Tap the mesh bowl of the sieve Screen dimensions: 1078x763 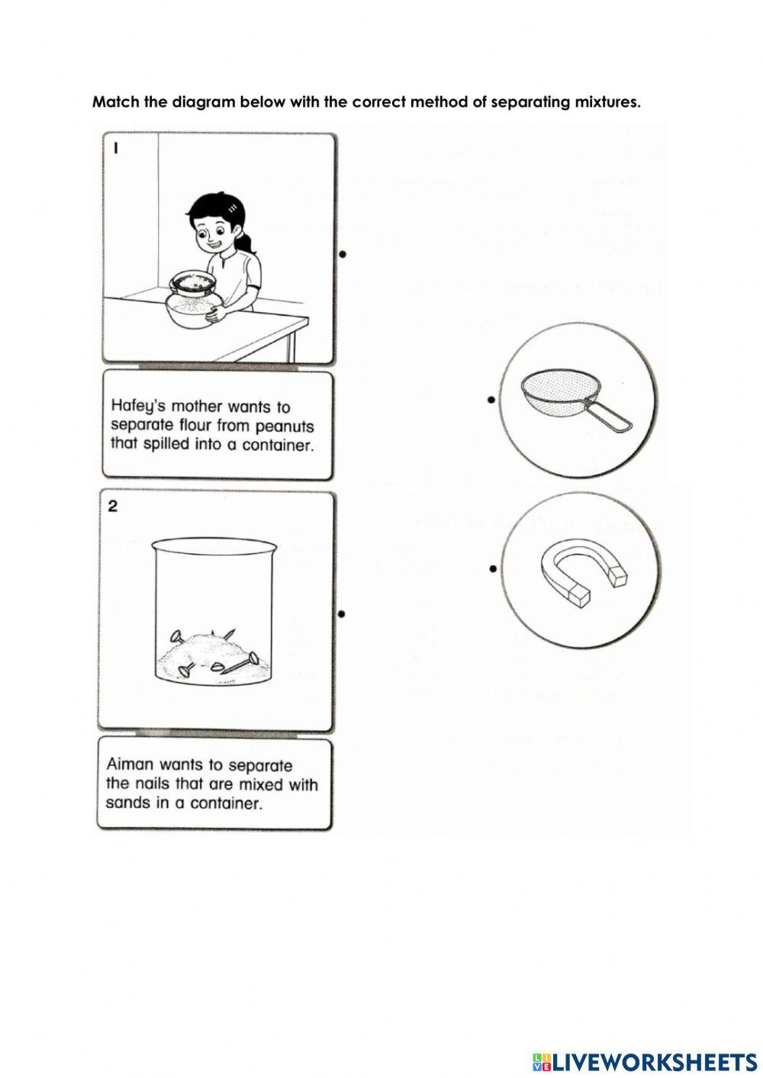tap(551, 390)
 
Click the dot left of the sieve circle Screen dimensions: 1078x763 tap(491, 399)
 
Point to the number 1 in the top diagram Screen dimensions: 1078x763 tap(115, 150)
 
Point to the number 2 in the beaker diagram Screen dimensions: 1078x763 tap(112, 507)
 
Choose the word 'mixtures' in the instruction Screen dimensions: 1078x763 tap(606, 102)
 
